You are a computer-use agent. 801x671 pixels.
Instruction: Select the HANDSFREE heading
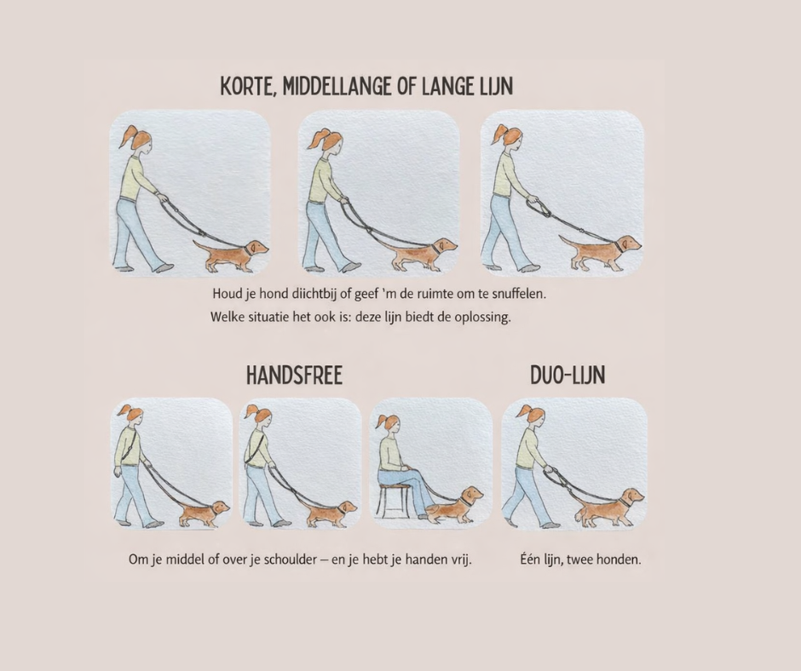(294, 375)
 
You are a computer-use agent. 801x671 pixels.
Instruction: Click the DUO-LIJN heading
(568, 375)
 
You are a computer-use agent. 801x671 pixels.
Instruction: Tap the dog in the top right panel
(602, 252)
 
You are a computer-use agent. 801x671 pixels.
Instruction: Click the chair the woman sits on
(393, 501)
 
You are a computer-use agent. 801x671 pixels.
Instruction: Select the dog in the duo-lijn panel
(609, 507)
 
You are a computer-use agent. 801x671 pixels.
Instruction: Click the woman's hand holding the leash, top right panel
(533, 198)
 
